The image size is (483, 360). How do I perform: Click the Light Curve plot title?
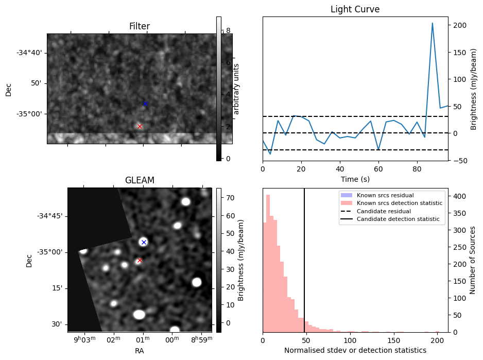355,9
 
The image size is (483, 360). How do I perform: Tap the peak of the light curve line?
432,23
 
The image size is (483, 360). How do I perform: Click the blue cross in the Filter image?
145,104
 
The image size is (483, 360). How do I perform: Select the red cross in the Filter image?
140,126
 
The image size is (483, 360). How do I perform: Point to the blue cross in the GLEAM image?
144,242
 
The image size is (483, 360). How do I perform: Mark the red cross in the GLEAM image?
140,260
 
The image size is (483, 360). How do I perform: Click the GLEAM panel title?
140,180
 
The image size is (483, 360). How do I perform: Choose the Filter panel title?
140,26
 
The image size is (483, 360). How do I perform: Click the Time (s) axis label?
355,179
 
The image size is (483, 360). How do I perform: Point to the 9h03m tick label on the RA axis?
84,339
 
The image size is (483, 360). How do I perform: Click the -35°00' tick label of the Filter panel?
29,114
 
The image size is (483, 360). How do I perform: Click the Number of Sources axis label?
473,260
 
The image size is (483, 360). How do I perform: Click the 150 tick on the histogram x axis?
394,340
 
